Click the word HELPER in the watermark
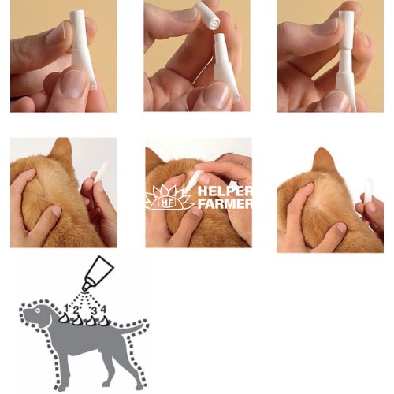pos(225,191)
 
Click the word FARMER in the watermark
pos(225,203)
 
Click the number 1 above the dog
pos(67,308)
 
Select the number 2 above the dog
pos(76,310)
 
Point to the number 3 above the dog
pos(94,310)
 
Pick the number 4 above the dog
pos(103,309)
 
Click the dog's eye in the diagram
pos(38,310)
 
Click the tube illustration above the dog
pos(98,273)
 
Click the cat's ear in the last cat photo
pos(323,161)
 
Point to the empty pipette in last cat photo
pos(368,191)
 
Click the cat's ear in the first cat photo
pos(61,151)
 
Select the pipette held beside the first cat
pos(101,172)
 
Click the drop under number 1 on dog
pos(64,318)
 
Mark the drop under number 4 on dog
pos(104,321)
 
